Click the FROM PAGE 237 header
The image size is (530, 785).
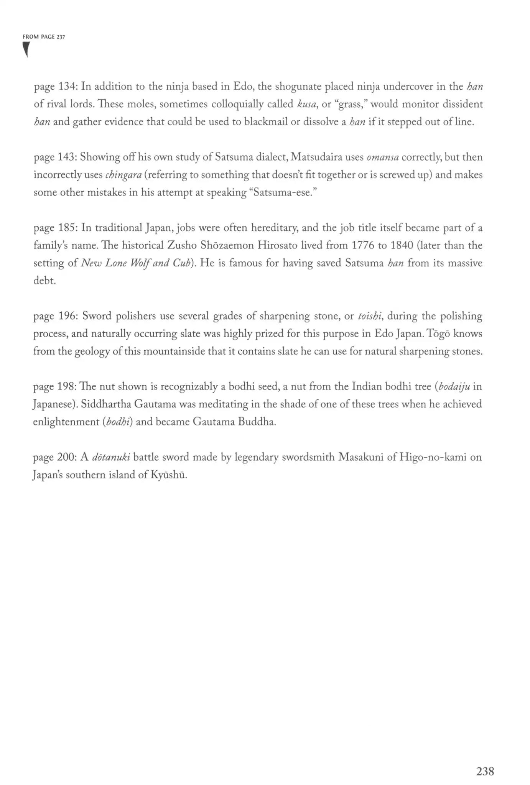point(44,37)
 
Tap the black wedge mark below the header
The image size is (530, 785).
point(26,49)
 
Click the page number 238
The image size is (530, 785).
point(485,771)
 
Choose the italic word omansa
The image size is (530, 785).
point(382,157)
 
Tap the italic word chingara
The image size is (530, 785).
point(123,175)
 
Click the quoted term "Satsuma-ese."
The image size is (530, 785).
point(283,192)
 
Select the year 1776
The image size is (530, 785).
point(363,245)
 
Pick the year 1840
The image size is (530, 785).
point(402,245)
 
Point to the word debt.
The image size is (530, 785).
point(44,281)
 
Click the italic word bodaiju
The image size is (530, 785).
point(454,386)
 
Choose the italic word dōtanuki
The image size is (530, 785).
point(111,457)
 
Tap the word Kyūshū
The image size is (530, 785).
point(169,475)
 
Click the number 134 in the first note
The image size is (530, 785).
point(67,87)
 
